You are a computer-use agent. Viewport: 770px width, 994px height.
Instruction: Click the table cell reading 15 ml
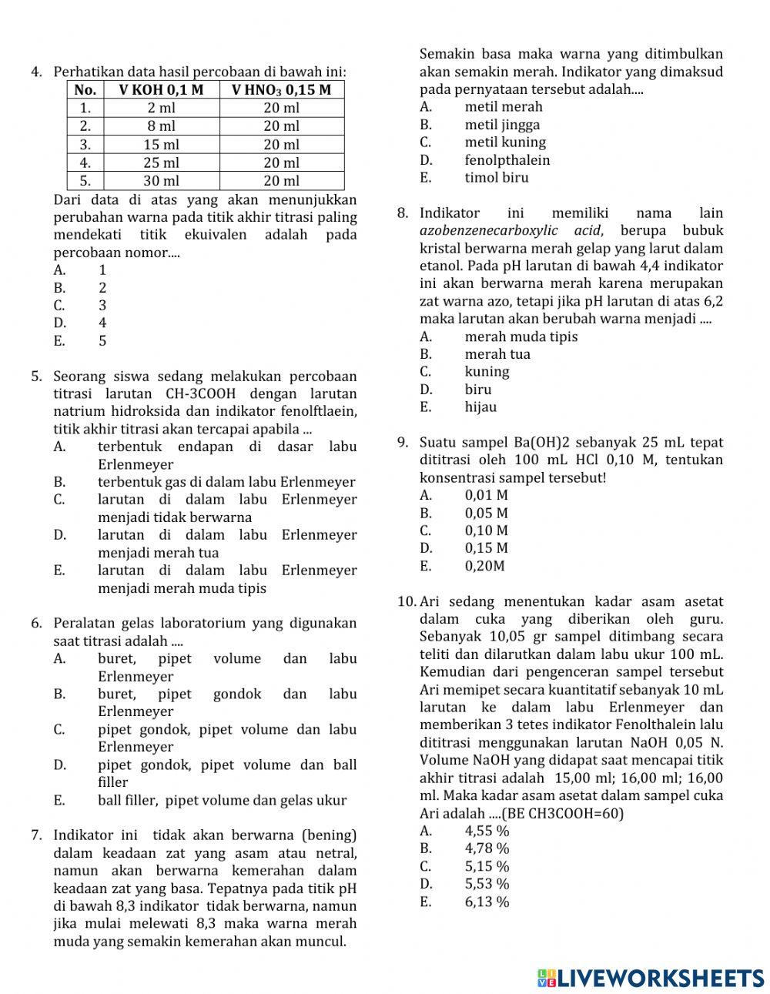click(161, 144)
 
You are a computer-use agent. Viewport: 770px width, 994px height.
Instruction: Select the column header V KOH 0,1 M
click(161, 89)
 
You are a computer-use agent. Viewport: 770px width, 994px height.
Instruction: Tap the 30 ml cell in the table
click(161, 180)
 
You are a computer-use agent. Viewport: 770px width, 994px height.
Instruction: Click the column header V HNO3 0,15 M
click(281, 89)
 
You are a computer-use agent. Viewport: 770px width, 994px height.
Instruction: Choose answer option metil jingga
click(502, 125)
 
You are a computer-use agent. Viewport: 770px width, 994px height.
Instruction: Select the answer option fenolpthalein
click(507, 160)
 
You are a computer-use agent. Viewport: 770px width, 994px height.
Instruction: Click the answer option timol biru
click(497, 178)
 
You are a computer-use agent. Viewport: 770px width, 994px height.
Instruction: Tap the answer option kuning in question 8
click(487, 372)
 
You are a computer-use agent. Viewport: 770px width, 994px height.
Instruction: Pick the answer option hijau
click(480, 407)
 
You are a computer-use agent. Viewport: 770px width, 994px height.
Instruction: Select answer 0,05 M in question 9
click(486, 513)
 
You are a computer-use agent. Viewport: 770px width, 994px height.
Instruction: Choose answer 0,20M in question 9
click(484, 566)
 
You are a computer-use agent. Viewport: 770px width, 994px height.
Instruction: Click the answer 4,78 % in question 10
click(487, 848)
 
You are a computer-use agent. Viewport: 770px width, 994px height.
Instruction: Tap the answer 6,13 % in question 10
click(487, 902)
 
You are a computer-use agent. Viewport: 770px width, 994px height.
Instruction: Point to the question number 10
click(407, 602)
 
